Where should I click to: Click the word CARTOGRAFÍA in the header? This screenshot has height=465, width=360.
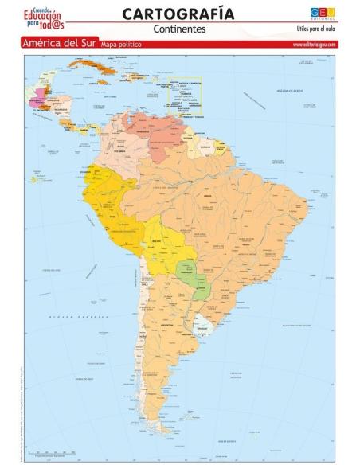(x=178, y=14)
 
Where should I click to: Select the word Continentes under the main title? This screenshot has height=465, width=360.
(x=178, y=29)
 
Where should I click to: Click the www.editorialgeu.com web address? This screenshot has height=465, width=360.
(x=314, y=45)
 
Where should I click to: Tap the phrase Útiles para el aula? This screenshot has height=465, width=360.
(x=315, y=29)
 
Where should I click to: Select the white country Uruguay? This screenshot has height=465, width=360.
(x=204, y=322)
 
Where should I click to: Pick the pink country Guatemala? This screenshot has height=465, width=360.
(x=37, y=101)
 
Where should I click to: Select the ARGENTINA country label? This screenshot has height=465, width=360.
(x=168, y=326)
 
